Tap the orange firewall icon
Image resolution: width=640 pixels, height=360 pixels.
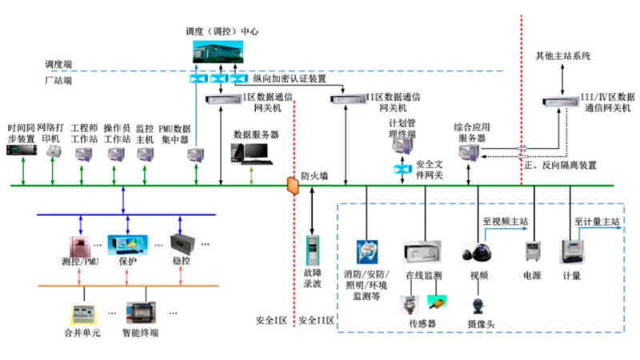tap(292, 186)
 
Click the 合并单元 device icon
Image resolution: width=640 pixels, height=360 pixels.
tap(84, 310)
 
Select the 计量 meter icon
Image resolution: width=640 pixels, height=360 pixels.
tap(571, 250)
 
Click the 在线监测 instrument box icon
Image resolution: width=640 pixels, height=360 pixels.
tap(422, 252)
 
